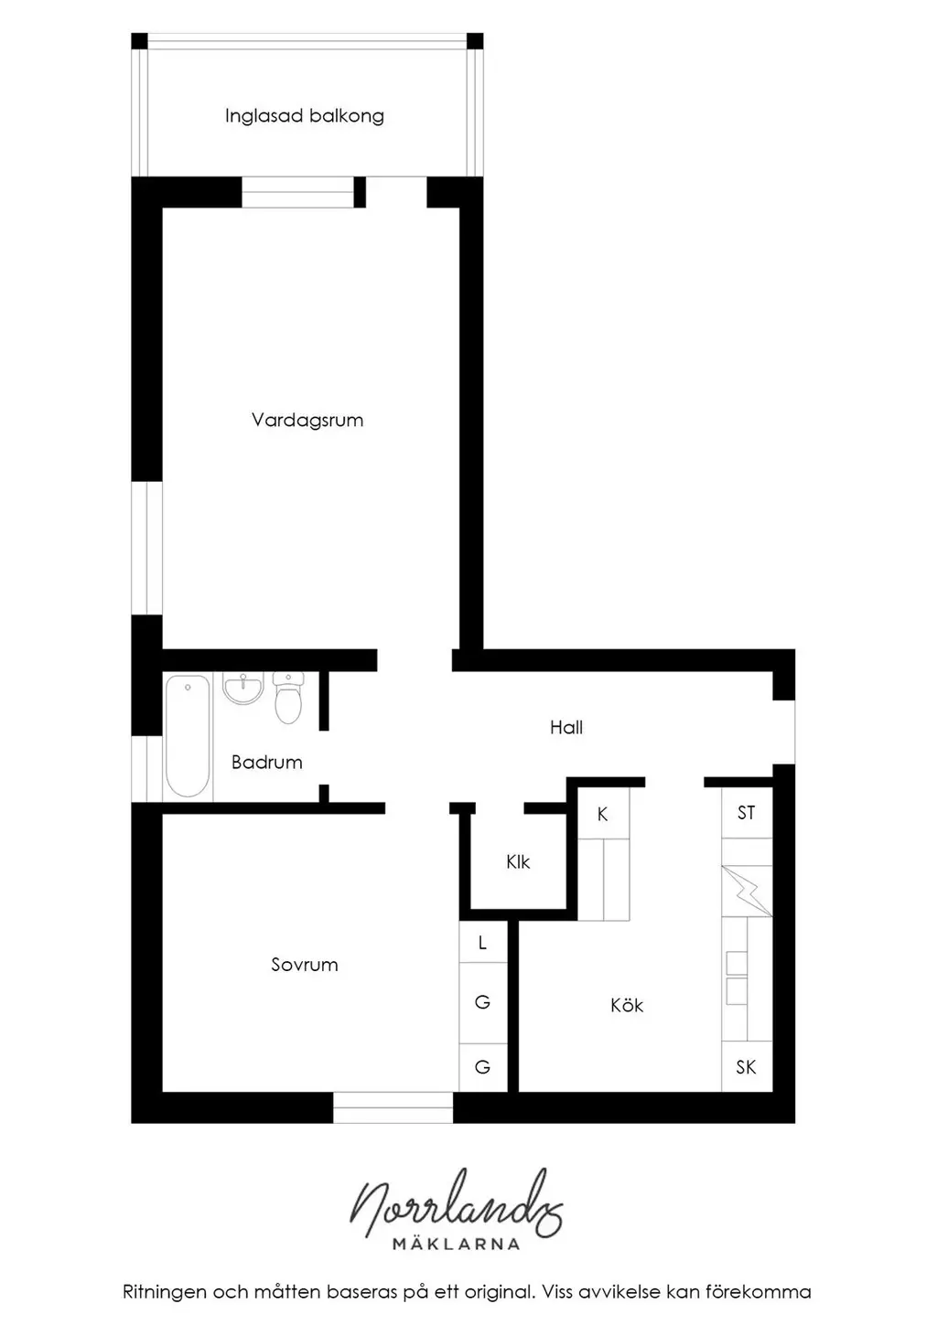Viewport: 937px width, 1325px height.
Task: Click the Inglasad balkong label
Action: click(x=304, y=116)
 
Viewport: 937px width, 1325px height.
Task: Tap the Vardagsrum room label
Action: click(x=307, y=420)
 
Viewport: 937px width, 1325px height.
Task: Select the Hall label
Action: click(x=565, y=727)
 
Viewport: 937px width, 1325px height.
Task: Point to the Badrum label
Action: click(x=267, y=762)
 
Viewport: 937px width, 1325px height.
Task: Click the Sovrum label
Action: click(x=304, y=965)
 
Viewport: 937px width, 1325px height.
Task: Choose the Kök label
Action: click(x=627, y=1005)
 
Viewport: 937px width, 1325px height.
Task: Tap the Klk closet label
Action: click(x=518, y=861)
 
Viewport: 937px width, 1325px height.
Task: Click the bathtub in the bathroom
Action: click(x=188, y=736)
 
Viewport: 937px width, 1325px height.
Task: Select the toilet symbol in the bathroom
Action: click(x=288, y=698)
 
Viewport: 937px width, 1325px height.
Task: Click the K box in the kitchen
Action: click(x=603, y=813)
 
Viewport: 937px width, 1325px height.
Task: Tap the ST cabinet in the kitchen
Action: click(x=747, y=813)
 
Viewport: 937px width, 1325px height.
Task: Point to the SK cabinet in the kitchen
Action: click(x=747, y=1066)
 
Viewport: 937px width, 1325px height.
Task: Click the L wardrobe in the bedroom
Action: click(x=483, y=942)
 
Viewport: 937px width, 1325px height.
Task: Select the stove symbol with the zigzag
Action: click(x=747, y=891)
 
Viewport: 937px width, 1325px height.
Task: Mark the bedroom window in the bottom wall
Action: click(x=393, y=1107)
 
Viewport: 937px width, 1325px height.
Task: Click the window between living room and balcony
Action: click(x=297, y=192)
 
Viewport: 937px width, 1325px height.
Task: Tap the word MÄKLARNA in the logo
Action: click(x=457, y=1244)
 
